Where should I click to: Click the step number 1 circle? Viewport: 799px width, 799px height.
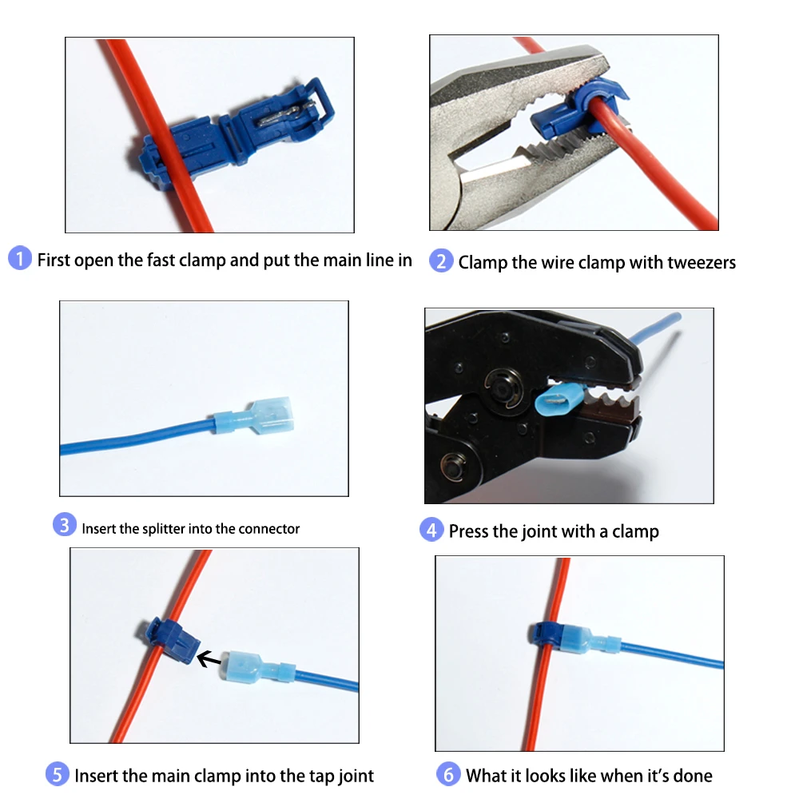[19, 259]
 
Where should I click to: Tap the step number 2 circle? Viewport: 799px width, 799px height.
[441, 261]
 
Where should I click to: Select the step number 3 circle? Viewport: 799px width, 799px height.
[65, 525]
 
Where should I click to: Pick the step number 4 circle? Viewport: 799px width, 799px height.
[431, 530]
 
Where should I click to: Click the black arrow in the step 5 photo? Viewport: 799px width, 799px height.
[209, 659]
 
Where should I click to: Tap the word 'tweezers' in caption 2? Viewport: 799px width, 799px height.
[698, 262]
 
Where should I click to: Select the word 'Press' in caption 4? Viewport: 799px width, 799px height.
[471, 531]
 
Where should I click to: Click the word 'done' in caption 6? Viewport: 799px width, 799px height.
[691, 775]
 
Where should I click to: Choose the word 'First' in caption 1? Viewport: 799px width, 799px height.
[54, 260]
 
